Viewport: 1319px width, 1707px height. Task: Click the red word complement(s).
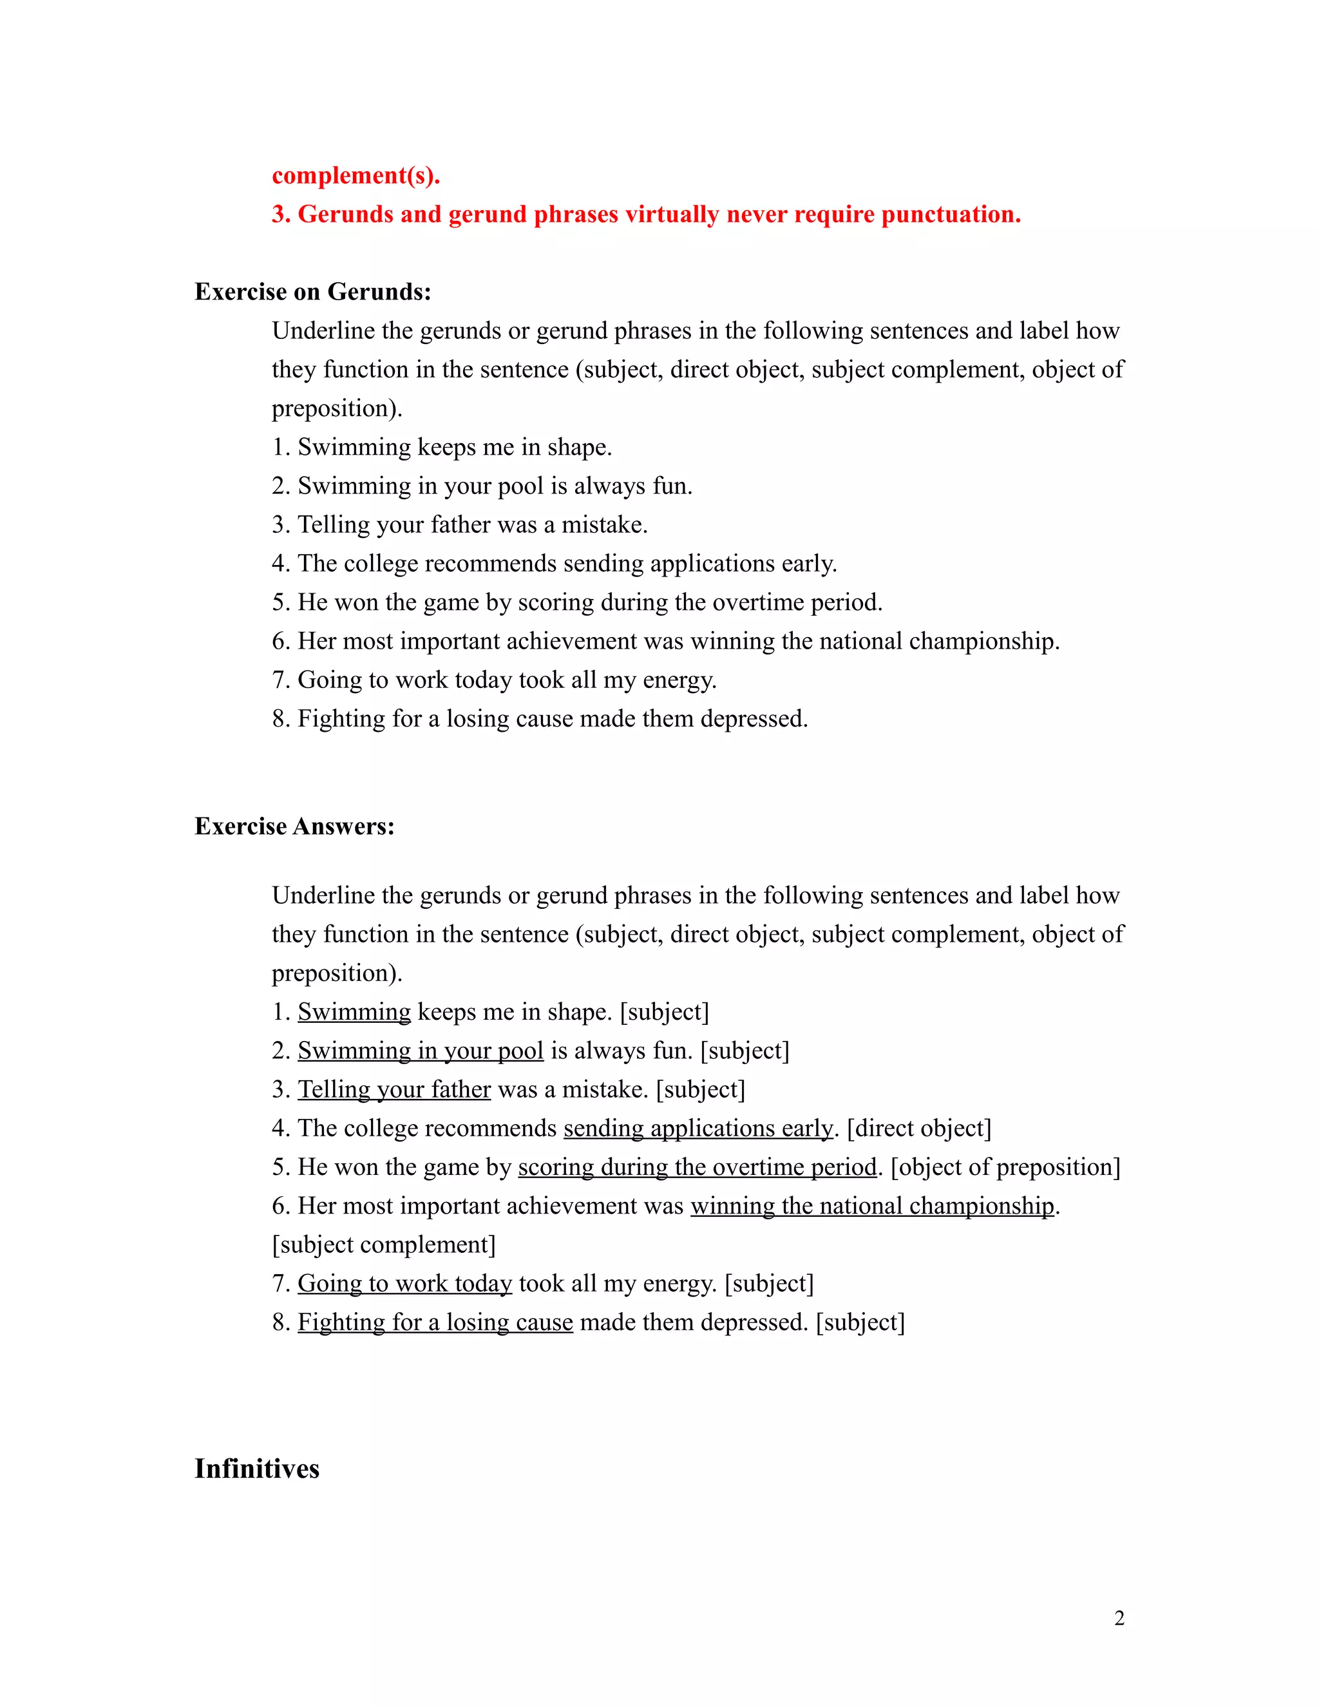(x=356, y=176)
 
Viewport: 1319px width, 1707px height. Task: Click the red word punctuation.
(x=950, y=214)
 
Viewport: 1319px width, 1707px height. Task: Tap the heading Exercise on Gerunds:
(x=312, y=292)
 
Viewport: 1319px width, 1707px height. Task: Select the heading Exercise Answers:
(x=294, y=826)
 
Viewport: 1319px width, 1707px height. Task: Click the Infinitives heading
(x=256, y=1469)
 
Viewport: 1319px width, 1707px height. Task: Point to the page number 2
(x=1119, y=1618)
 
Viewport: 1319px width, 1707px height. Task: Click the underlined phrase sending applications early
(x=697, y=1129)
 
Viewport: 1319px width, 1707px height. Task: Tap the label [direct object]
(x=919, y=1129)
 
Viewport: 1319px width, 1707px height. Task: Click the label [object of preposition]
(x=1005, y=1168)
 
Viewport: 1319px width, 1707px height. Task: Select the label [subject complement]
(x=384, y=1245)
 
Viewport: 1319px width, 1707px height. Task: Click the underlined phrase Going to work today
(x=404, y=1283)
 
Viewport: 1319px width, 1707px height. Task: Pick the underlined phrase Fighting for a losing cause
(x=435, y=1322)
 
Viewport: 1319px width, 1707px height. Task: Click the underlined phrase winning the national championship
(x=872, y=1206)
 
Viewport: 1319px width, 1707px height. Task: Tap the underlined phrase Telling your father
(x=394, y=1089)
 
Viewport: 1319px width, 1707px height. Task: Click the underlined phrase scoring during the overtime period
(x=697, y=1168)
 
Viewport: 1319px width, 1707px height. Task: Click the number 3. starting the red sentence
(x=281, y=214)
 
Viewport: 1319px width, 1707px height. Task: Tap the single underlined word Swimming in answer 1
(x=354, y=1012)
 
